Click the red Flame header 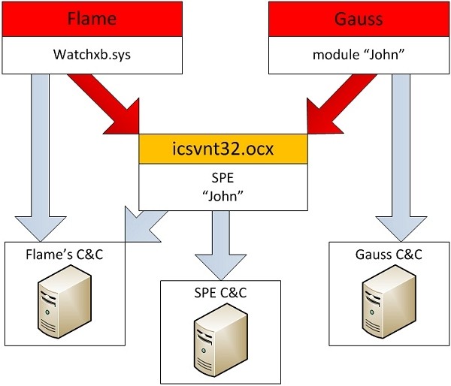point(92,18)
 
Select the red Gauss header point(357,18)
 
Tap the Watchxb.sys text point(92,56)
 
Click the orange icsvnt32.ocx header point(224,149)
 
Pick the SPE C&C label point(221,292)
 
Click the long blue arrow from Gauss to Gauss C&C point(403,150)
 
